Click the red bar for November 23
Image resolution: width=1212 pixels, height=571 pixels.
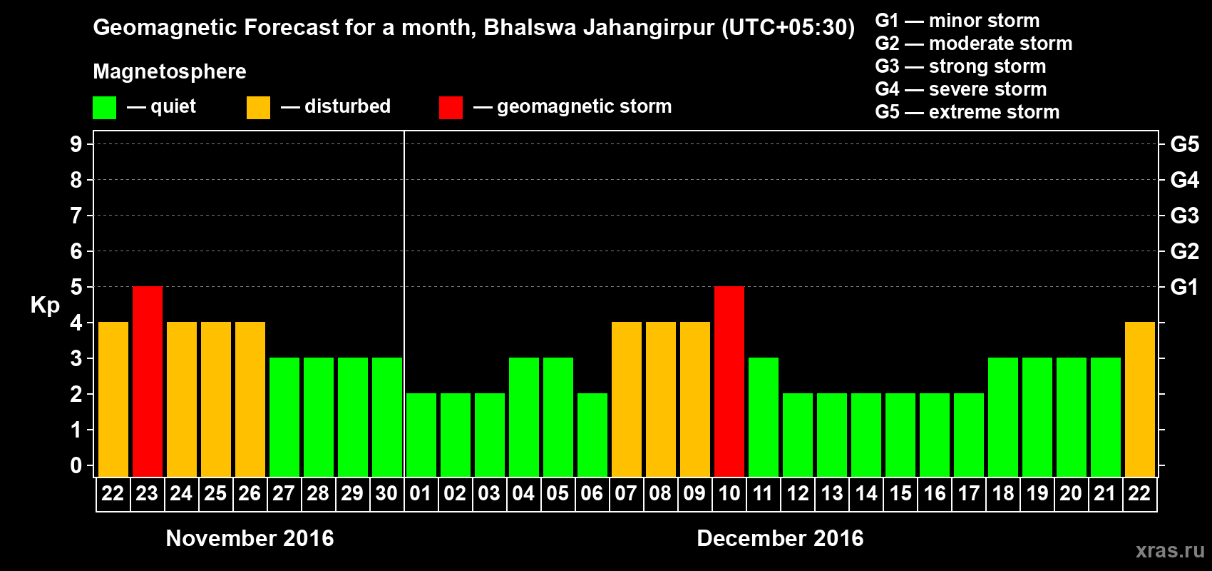(148, 381)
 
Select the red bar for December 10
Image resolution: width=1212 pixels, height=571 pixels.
(729, 381)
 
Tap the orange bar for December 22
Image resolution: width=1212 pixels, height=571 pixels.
(1139, 399)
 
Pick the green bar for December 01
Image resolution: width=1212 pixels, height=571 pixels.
(421, 435)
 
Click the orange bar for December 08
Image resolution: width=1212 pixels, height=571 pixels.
(660, 399)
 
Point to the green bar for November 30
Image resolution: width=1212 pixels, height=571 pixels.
(386, 417)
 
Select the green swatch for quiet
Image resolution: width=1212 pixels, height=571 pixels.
(105, 108)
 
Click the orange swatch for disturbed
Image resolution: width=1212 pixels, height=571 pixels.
(258, 108)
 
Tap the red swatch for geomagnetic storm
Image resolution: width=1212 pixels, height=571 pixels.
(451, 108)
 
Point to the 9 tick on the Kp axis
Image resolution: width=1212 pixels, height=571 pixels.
(76, 144)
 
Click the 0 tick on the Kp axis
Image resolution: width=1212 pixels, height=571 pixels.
(76, 465)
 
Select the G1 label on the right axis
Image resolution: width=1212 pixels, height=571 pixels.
(1184, 287)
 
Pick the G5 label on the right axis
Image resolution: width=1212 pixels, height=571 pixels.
(1184, 144)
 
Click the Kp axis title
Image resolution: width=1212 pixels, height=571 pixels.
(45, 305)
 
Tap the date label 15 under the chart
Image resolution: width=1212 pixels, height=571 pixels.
(900, 493)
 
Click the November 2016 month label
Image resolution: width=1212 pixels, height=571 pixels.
(250, 538)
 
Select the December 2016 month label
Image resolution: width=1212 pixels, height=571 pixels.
(780, 538)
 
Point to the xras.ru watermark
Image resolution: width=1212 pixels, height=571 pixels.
(1170, 550)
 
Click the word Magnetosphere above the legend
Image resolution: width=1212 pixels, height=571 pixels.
(170, 71)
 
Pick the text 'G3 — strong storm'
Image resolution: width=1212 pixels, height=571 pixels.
(960, 66)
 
